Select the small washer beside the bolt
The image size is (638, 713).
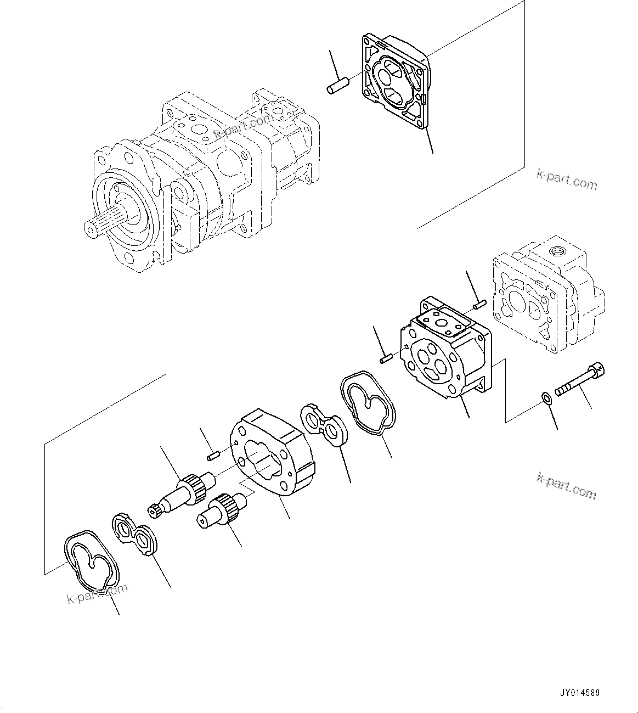click(546, 397)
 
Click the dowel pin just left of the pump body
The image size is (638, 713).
click(385, 360)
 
